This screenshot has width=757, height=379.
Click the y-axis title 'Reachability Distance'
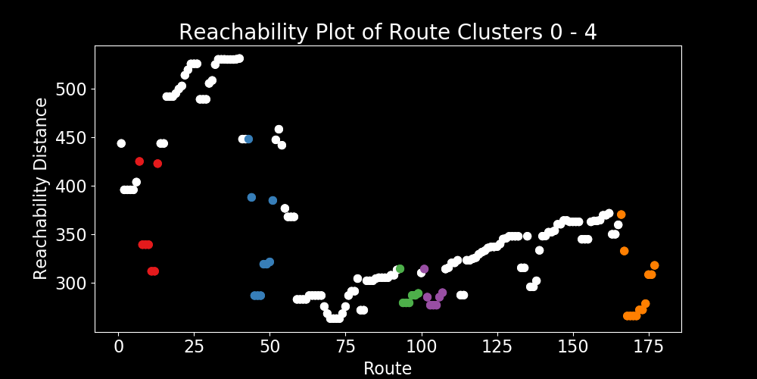point(41,189)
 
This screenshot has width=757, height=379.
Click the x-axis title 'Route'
point(388,368)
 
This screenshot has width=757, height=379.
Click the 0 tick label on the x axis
point(118,346)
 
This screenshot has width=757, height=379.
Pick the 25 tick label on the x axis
point(194,346)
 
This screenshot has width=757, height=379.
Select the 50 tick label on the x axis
point(269,346)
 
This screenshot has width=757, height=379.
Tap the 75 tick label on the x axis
point(345,346)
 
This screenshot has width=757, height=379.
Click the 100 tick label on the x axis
point(421,346)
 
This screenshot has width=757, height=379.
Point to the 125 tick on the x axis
point(497,346)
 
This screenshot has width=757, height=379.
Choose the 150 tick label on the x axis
point(572,346)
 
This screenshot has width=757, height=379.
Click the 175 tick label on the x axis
point(648,346)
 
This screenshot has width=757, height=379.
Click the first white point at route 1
point(121,143)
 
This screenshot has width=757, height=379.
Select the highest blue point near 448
point(248,139)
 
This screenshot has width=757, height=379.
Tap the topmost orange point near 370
point(621,215)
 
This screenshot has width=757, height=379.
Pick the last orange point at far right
point(654,265)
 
